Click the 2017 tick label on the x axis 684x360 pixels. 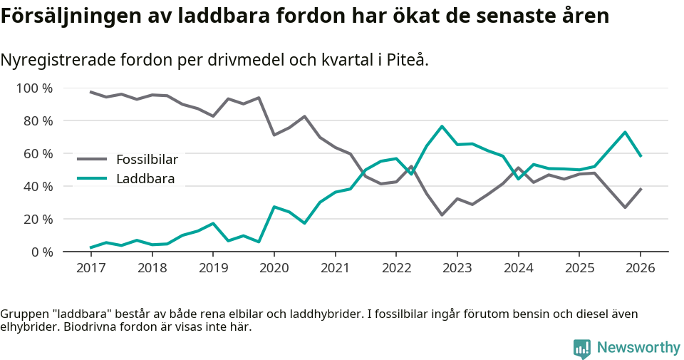[90, 268]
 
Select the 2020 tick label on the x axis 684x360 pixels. [274, 268]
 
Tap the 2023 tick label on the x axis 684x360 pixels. [457, 268]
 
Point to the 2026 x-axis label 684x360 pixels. [640, 268]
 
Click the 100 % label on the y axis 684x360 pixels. [34, 88]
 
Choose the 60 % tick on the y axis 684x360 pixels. [37, 154]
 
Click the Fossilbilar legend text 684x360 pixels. [147, 159]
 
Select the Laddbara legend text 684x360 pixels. [145, 178]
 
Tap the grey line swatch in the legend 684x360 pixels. [92, 159]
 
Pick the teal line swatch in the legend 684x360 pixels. [92, 178]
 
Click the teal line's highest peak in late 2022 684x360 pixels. [442, 126]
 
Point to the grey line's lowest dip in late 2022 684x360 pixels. [442, 215]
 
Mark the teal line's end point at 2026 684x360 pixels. [641, 156]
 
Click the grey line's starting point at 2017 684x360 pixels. [90, 92]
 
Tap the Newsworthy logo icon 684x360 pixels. [582, 349]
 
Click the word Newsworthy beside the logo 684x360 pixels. [638, 348]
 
